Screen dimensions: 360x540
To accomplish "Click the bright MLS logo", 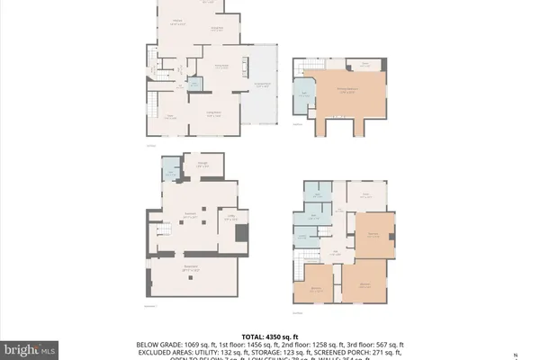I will pyautogui.click(x=30, y=346).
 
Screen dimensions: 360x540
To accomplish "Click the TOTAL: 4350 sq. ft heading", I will pyautogui.click(x=269, y=337).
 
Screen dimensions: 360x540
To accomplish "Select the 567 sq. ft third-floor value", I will pyautogui.click(x=389, y=345).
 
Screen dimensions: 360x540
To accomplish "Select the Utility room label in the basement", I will pyautogui.click(x=230, y=216).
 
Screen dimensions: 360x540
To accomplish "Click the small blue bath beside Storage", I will pyautogui.click(x=168, y=170).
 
